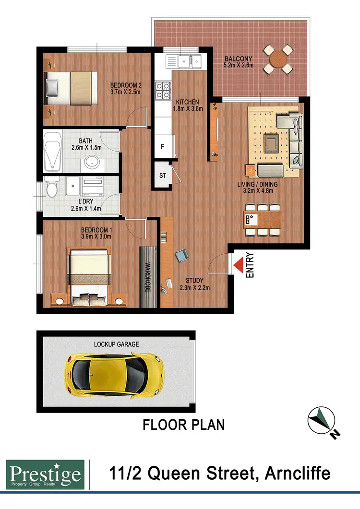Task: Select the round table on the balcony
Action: [278, 60]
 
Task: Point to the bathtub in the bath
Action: [51, 152]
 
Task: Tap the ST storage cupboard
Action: [163, 175]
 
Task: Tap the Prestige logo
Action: [45, 474]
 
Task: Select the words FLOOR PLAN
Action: [184, 425]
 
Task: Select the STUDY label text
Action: [194, 281]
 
